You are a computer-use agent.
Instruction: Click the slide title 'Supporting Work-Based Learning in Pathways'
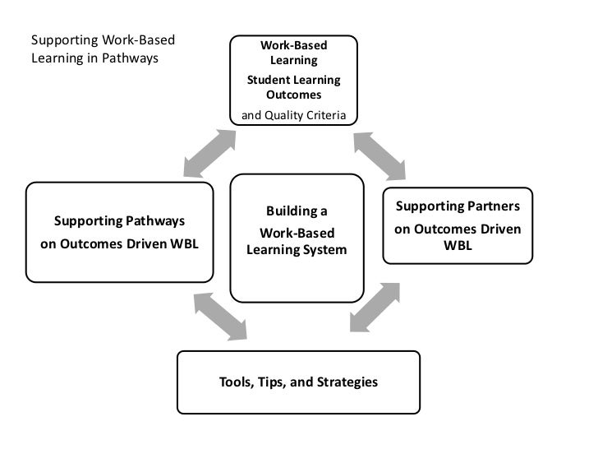[104, 49]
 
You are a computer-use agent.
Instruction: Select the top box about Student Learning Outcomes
[293, 80]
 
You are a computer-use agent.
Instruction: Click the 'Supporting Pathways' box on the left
[119, 233]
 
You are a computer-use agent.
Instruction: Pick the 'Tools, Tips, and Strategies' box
[298, 382]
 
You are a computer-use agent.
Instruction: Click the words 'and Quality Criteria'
[293, 114]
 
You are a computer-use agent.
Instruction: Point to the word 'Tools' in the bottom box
[235, 382]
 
